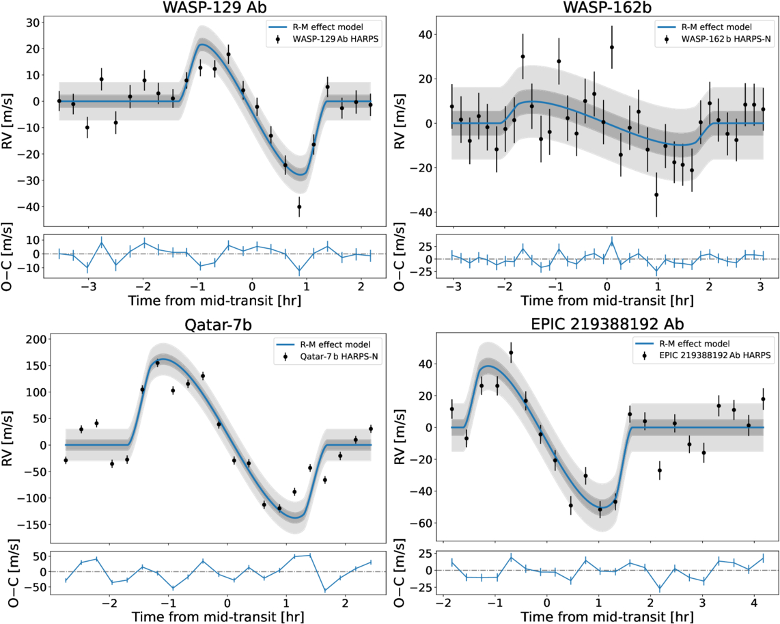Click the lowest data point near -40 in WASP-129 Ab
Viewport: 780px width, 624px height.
click(299, 206)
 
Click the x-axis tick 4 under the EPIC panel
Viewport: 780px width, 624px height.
click(753, 605)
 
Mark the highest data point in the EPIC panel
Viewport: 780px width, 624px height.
click(511, 353)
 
